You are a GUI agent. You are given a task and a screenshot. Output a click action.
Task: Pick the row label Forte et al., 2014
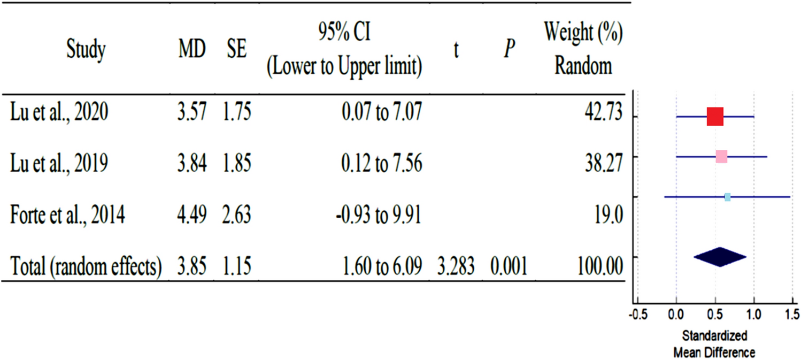67,216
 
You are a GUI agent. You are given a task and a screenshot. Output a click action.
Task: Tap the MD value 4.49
191,216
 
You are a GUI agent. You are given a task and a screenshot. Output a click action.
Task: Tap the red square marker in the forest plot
715,116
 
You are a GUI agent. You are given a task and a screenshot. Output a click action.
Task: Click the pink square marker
721,157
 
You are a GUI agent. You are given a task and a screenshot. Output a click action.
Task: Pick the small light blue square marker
727,197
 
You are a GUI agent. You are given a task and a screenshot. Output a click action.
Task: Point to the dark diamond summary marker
720,257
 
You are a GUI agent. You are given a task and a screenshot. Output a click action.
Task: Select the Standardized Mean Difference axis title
714,344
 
